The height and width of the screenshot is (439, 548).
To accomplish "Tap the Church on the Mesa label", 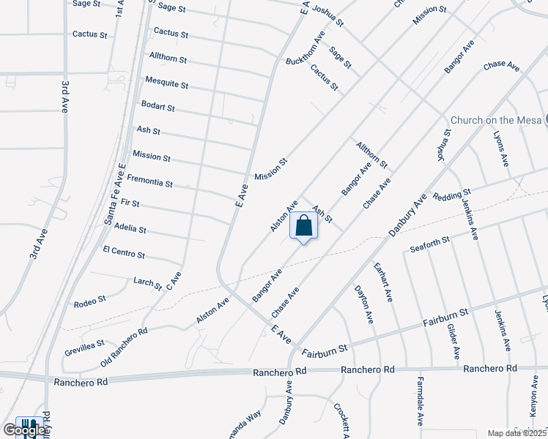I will tap(496, 121).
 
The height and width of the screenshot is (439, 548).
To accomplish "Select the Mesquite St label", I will tap(166, 82).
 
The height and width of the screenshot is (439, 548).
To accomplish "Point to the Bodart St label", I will tap(158, 107).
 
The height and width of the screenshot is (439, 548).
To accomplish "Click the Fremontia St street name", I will tap(149, 181).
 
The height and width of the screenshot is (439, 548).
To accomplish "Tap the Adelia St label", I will tap(130, 229).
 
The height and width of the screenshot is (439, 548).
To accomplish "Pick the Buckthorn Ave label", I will tap(305, 50).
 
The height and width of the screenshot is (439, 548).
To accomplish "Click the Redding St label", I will tap(451, 195).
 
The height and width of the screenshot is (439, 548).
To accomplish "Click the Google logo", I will tap(24, 430).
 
